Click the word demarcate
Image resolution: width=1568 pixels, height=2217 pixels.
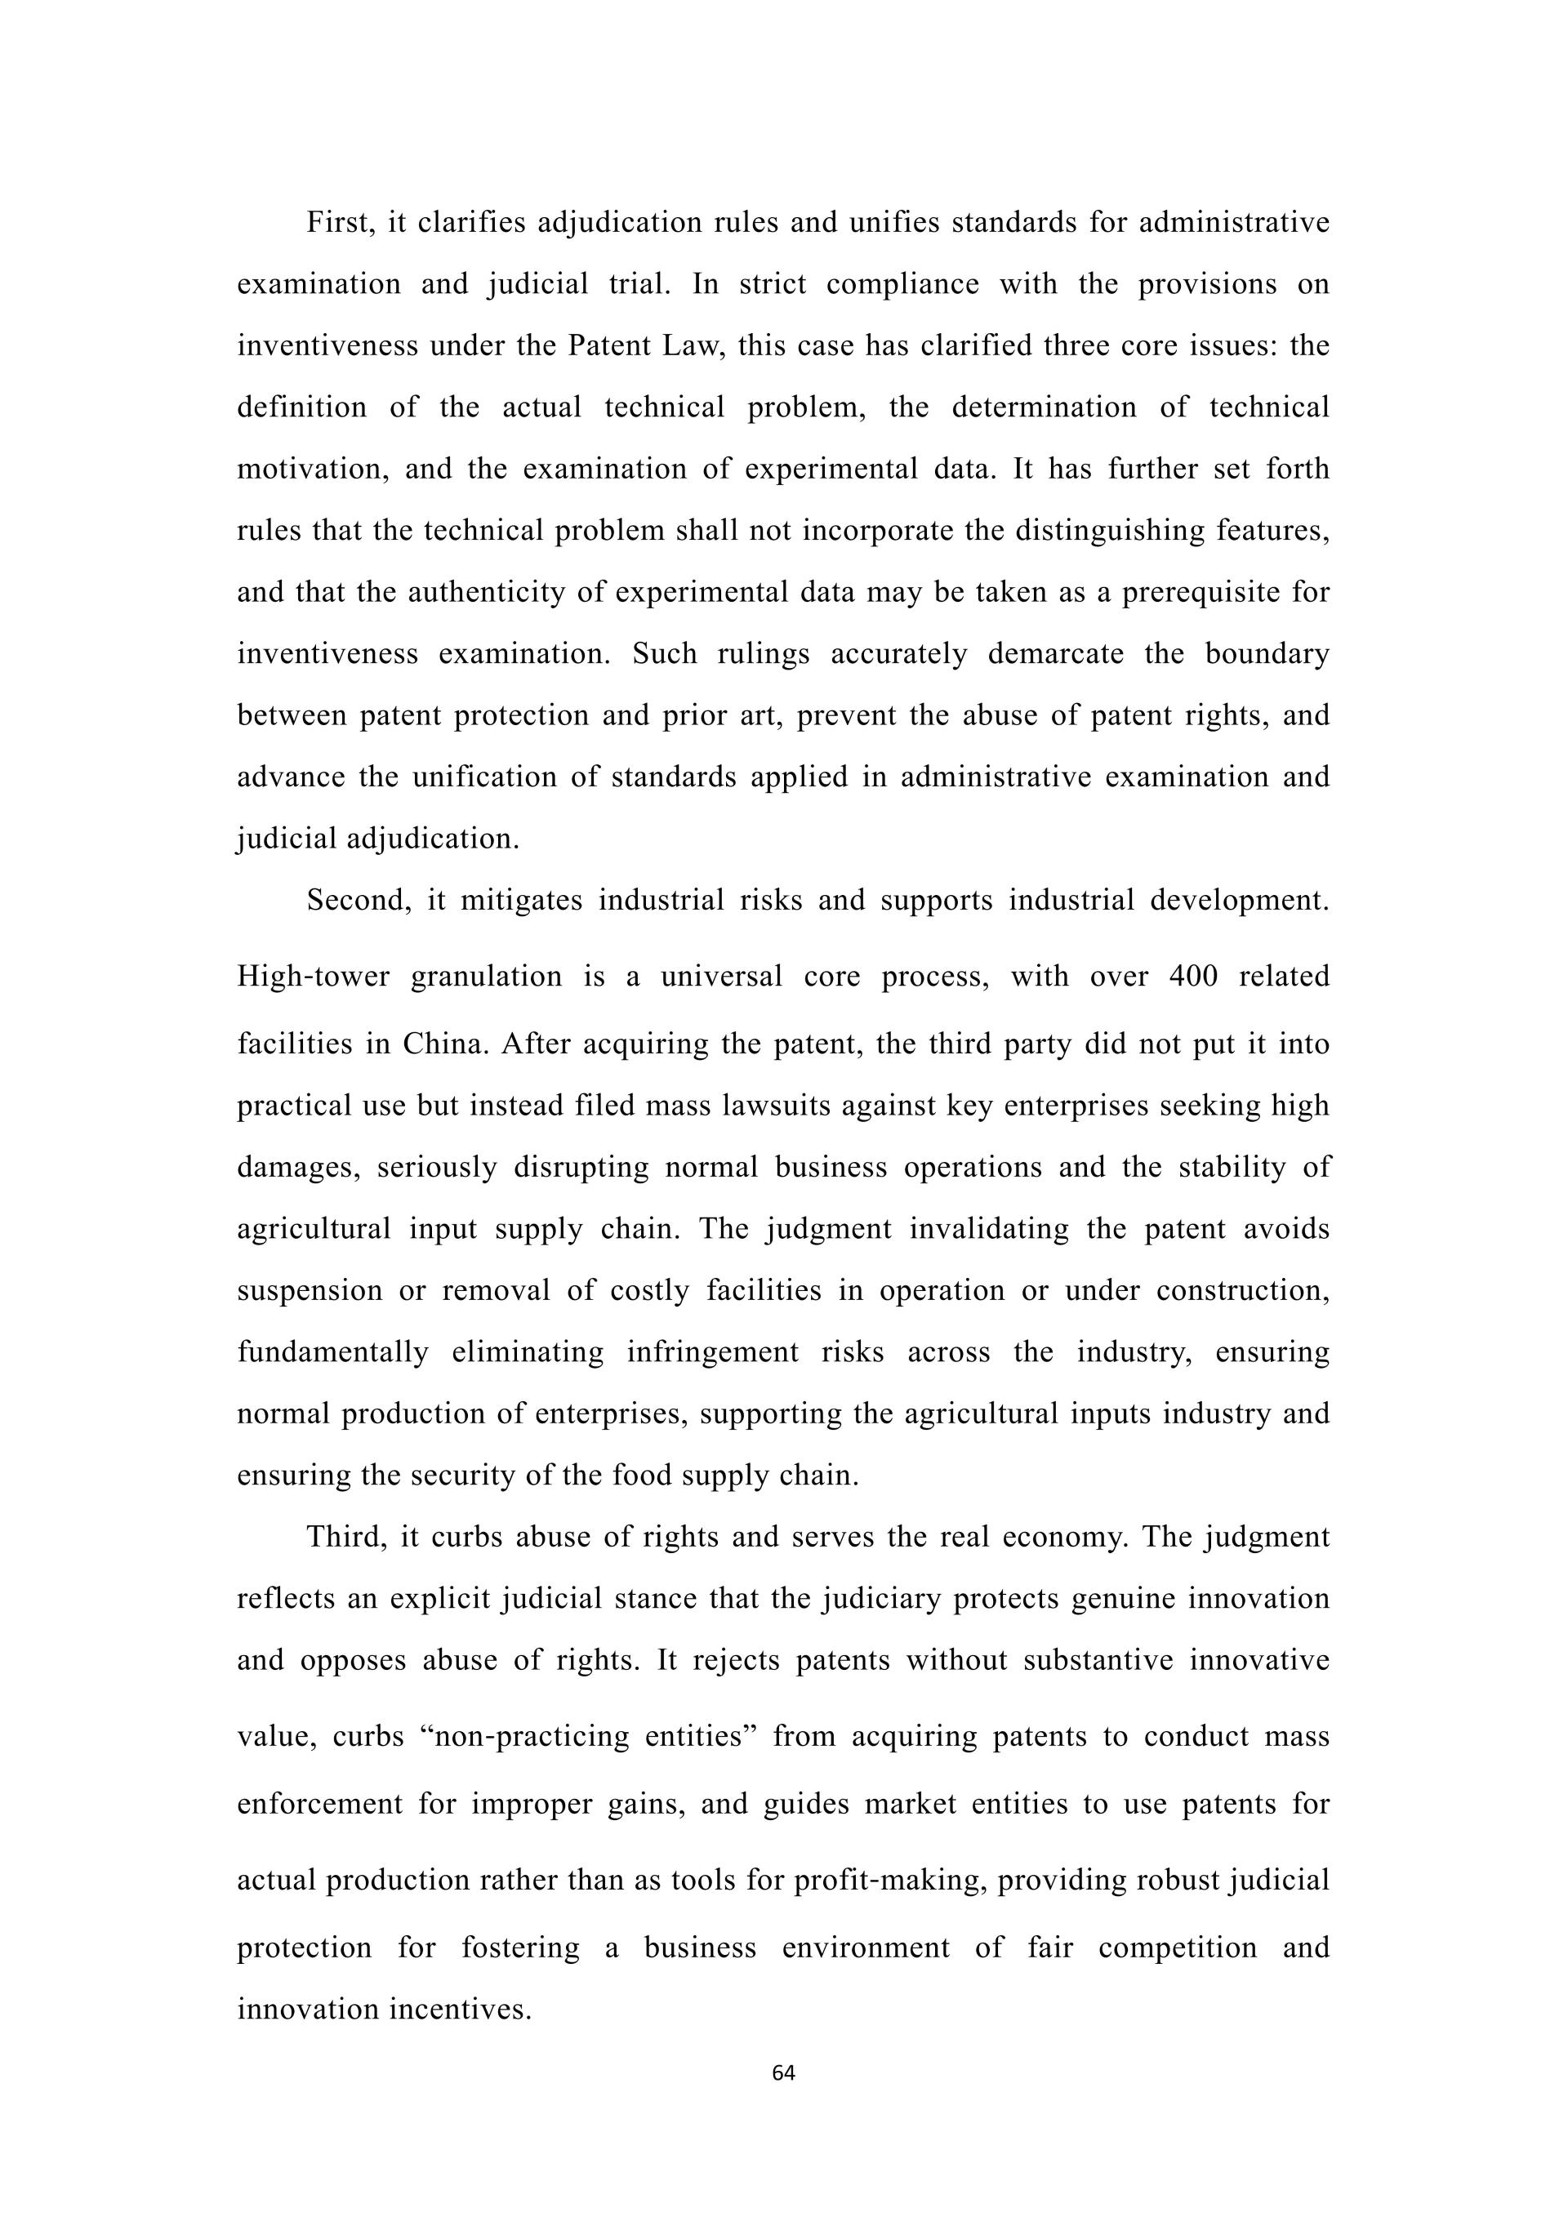pos(1056,654)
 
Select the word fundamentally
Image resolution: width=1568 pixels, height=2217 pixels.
pos(333,1351)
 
